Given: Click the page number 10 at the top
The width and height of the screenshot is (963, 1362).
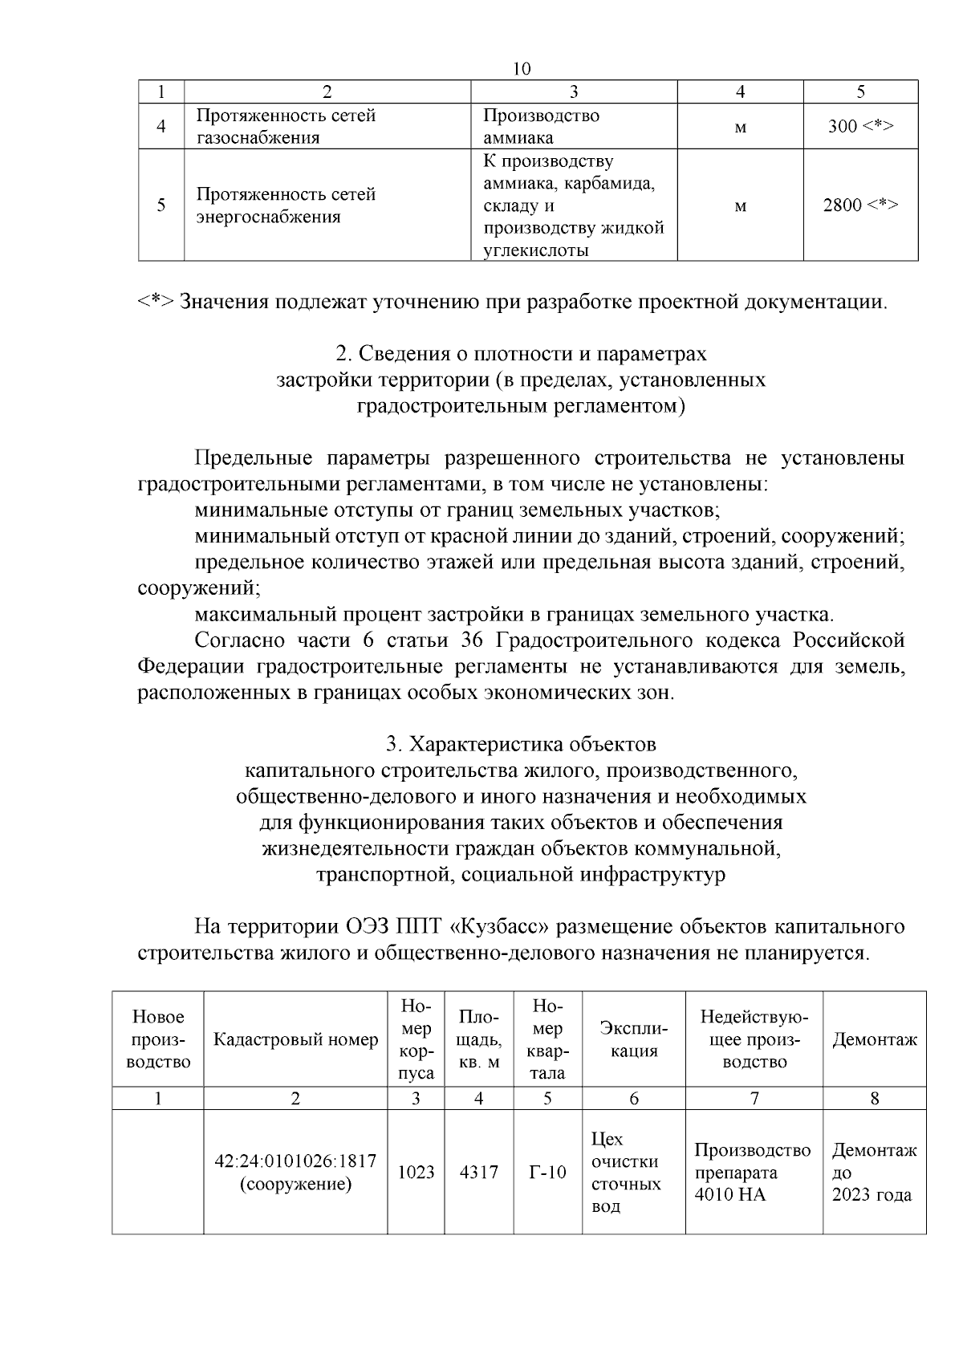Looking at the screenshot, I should [522, 69].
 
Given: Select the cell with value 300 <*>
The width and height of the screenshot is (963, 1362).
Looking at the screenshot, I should [860, 126].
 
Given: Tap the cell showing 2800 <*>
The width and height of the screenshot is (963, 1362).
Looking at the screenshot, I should [860, 205].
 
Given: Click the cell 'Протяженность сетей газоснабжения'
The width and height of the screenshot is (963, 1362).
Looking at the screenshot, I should [286, 126].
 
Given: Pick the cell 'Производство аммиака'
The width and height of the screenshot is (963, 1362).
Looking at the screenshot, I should [542, 126].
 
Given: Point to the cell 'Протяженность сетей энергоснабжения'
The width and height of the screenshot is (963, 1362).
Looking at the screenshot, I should [286, 205].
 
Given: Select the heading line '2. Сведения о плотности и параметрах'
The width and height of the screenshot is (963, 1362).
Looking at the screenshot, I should [521, 353].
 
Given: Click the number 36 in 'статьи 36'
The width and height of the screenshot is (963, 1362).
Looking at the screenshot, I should [470, 640].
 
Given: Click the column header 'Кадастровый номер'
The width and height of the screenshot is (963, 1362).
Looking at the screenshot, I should [295, 1040].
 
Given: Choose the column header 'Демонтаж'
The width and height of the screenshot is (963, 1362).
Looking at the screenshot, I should [874, 1040].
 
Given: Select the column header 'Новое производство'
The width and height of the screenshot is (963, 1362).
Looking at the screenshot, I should [158, 1039].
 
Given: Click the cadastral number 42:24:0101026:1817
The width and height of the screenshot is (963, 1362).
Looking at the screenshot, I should [295, 1161].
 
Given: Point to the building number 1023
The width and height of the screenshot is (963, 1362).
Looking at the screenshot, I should [416, 1172].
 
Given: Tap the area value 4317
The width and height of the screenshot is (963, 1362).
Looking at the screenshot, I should [478, 1172].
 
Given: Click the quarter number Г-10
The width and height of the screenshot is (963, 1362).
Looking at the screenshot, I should [547, 1172].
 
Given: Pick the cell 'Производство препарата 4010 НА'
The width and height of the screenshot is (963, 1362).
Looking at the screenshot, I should [753, 1172].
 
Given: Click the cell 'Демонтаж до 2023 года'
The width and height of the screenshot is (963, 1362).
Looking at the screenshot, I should [872, 1172].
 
